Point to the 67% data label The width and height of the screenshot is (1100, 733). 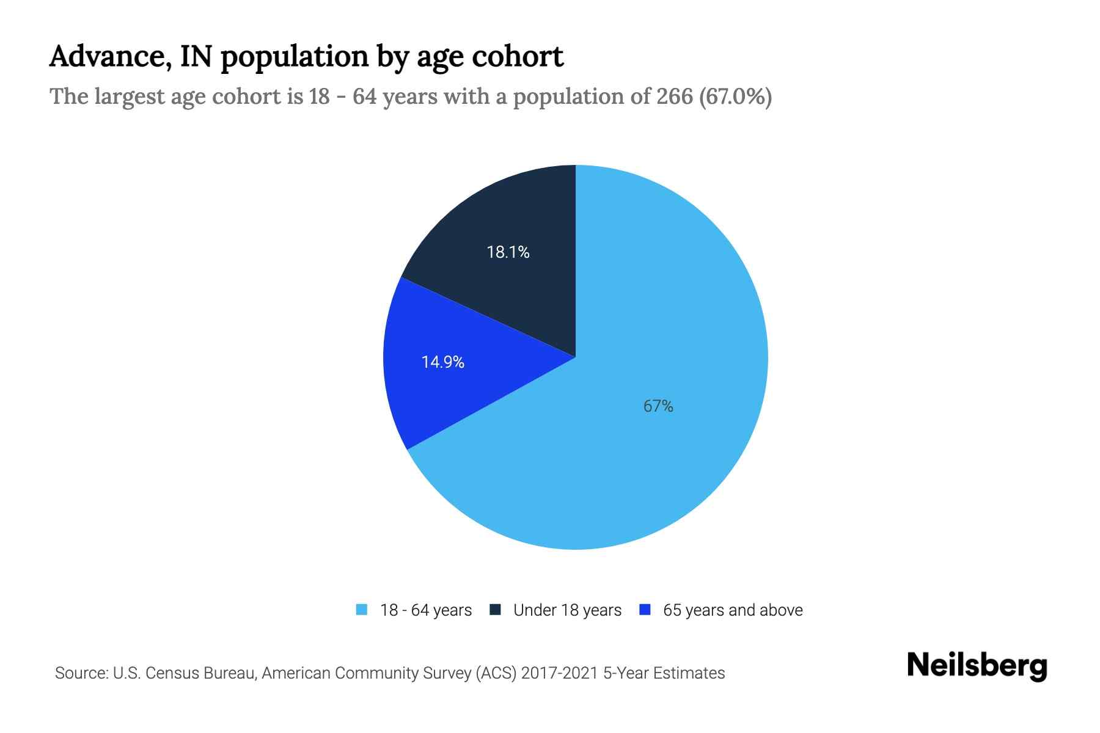658,406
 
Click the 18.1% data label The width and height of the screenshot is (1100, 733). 508,252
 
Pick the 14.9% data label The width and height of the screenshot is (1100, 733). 443,362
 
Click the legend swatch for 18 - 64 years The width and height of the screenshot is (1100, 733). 362,610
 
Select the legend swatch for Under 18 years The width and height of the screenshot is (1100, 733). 496,610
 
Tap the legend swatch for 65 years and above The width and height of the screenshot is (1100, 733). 644,610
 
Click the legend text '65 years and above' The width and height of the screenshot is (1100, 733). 733,610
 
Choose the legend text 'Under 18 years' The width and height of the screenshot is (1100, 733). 567,610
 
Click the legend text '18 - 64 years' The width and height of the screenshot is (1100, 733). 426,610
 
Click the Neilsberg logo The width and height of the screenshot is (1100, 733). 977,665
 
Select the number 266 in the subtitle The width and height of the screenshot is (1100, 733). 675,97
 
